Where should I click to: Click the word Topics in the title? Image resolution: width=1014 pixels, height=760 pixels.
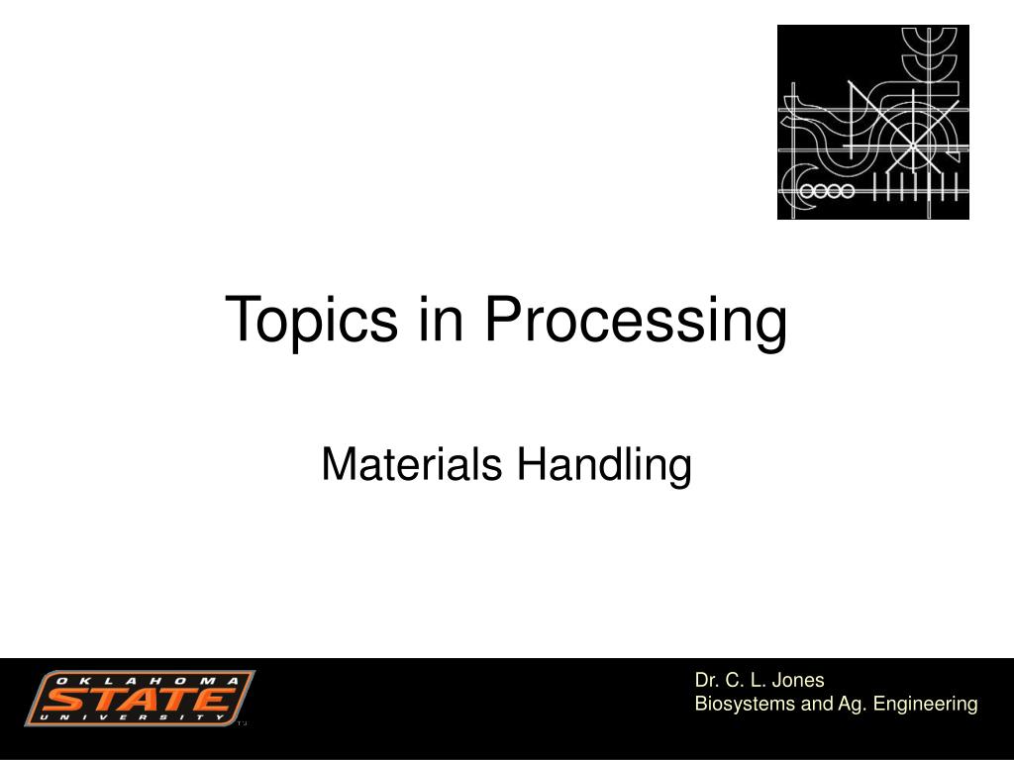312,321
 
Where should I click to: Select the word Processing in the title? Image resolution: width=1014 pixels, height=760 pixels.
637,321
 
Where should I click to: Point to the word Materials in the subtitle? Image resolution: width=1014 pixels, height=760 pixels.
412,464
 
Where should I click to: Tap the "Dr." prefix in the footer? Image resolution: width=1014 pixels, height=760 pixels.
706,681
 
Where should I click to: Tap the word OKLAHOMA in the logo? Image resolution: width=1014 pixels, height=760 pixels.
149,681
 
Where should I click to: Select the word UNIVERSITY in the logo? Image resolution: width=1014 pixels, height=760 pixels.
132,717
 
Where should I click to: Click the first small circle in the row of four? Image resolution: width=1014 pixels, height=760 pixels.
807,191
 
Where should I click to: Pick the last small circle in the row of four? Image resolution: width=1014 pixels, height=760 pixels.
847,191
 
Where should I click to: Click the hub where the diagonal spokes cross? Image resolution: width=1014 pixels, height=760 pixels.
912,144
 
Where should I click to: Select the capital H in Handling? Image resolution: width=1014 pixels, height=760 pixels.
531,464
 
